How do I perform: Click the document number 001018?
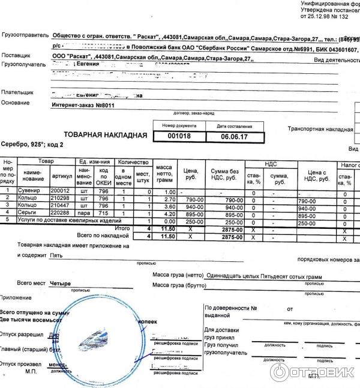click(174, 136)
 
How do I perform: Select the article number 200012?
click(61, 191)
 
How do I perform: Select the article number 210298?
click(61, 198)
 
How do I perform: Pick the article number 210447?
click(61, 206)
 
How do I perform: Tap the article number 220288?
click(61, 213)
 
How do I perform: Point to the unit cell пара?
click(83, 213)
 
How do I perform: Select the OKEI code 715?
click(103, 213)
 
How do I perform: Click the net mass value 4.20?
click(169, 214)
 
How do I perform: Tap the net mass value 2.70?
click(169, 199)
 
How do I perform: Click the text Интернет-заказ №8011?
click(83, 105)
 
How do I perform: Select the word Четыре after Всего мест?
click(61, 283)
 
